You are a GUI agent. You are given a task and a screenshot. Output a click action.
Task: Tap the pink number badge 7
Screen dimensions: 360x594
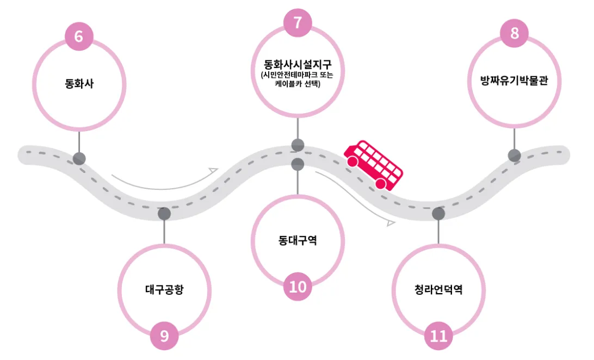298,22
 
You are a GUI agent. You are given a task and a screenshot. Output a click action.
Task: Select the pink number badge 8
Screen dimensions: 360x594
515,33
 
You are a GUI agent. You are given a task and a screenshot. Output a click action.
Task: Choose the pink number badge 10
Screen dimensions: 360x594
298,286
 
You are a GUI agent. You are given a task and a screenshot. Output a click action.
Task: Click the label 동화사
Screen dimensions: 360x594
79,84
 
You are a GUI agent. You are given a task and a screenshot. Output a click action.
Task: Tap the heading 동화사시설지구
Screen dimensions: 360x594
298,64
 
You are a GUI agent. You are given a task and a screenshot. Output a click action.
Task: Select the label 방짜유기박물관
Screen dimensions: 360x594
514,82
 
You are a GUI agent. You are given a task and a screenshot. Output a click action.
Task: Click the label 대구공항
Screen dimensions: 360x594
164,289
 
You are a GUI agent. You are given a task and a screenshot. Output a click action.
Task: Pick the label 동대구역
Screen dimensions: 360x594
298,240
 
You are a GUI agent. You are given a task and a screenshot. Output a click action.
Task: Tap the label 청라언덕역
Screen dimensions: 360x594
438,289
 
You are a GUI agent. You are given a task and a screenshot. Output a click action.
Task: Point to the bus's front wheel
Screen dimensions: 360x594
381,184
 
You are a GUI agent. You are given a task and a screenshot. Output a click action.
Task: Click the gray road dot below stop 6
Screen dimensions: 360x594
79,159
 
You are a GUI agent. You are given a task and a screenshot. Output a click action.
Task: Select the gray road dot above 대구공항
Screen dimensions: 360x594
164,214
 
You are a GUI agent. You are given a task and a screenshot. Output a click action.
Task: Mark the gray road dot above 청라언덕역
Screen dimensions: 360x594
438,214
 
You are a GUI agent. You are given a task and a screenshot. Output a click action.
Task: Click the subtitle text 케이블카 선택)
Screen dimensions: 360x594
298,85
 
